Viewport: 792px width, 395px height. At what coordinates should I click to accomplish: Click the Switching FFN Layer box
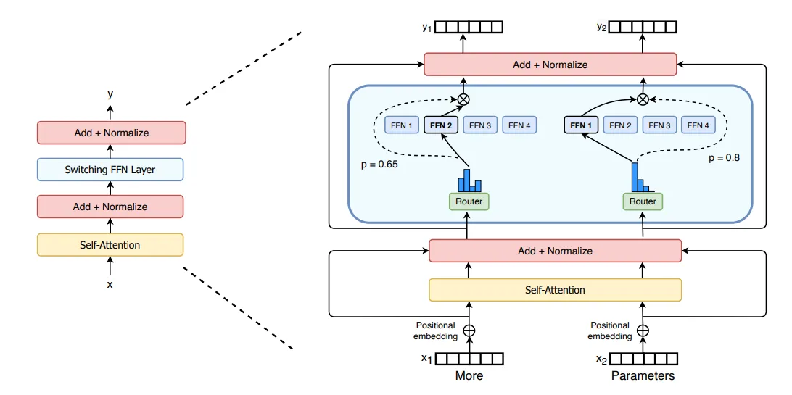coord(110,170)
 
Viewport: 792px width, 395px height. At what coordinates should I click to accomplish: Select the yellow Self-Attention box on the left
coord(110,245)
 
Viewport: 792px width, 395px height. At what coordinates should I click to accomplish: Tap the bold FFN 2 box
coord(441,125)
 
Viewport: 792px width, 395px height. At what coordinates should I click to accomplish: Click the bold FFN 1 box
coord(581,125)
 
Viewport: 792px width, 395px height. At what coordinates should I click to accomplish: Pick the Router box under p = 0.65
coord(469,201)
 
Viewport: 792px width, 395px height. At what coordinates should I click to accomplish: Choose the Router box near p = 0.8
coord(643,201)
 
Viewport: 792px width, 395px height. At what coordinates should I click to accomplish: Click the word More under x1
coord(469,375)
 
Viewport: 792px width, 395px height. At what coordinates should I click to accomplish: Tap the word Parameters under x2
coord(643,375)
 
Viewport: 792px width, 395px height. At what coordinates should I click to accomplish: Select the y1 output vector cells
coord(469,28)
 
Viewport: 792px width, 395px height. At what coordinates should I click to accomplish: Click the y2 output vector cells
coord(643,28)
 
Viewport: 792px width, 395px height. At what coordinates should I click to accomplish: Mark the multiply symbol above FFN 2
coord(463,99)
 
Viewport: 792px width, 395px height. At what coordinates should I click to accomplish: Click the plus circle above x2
coord(643,330)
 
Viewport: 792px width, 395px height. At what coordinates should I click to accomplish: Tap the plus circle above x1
coord(469,330)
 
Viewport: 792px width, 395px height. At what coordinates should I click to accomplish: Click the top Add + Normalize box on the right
coord(550,65)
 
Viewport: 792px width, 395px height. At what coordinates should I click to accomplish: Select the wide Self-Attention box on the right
coord(555,290)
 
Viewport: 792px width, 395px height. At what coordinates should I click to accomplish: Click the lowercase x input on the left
coord(110,285)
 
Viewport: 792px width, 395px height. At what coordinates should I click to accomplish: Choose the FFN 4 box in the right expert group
coord(698,125)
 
